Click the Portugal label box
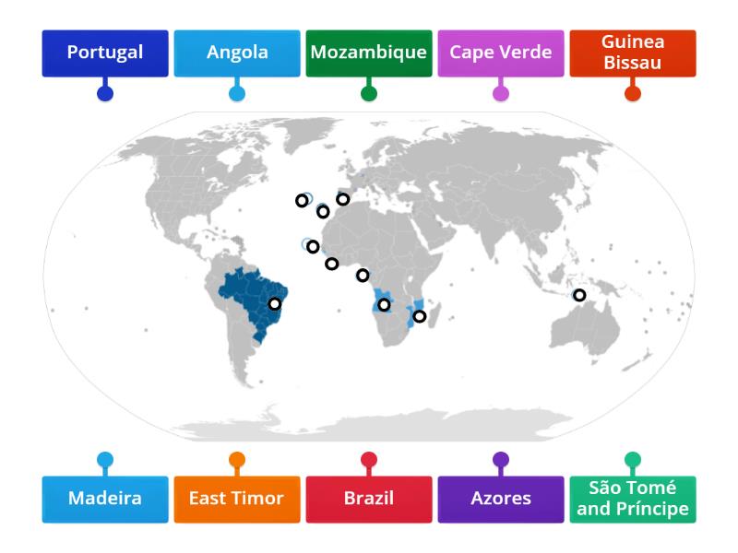(105, 53)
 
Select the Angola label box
(237, 53)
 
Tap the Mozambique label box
(369, 53)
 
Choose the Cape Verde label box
(501, 53)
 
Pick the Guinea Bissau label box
(633, 53)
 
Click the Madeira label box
(105, 499)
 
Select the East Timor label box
(237, 499)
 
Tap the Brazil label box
(369, 499)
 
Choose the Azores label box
(501, 499)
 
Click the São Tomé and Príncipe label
(633, 499)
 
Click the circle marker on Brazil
(274, 304)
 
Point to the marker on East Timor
(579, 295)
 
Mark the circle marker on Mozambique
(420, 317)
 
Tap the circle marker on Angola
(384, 305)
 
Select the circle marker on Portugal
(342, 199)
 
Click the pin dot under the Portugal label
(105, 93)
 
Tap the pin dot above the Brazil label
(369, 459)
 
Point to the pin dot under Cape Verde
(501, 93)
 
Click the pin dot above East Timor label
(237, 459)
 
